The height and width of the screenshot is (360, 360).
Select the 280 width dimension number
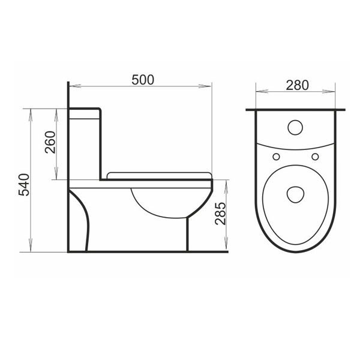pyautogui.click(x=297, y=85)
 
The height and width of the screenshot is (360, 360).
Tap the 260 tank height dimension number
pyautogui.click(x=50, y=142)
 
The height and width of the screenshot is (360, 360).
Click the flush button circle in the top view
pyautogui.click(x=295, y=128)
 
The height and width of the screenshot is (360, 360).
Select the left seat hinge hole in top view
pyautogui.click(x=276, y=157)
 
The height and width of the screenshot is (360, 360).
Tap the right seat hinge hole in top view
pyautogui.click(x=314, y=157)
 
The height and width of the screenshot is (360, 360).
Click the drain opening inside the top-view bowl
pyautogui.click(x=295, y=193)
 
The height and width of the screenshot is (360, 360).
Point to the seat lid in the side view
pyautogui.click(x=159, y=175)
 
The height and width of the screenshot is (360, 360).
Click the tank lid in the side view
pyautogui.click(x=85, y=109)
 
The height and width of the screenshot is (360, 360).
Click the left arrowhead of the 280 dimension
pyautogui.click(x=259, y=92)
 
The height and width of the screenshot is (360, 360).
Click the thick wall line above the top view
pyautogui.click(x=296, y=110)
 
